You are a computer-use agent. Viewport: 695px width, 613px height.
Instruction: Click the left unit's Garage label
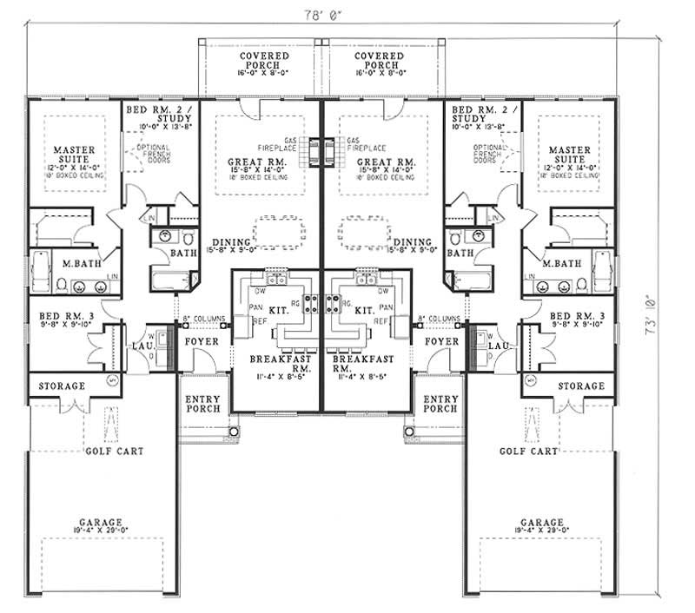102,523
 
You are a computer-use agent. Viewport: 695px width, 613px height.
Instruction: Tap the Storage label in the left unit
60,386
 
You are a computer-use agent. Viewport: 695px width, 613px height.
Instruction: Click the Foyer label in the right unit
441,342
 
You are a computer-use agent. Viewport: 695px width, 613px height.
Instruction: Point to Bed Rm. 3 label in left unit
59,315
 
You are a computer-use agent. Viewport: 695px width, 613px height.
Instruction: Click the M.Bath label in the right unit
559,263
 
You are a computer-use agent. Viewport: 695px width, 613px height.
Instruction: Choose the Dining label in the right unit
413,242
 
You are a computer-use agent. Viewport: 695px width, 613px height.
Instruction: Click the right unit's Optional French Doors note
489,155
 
